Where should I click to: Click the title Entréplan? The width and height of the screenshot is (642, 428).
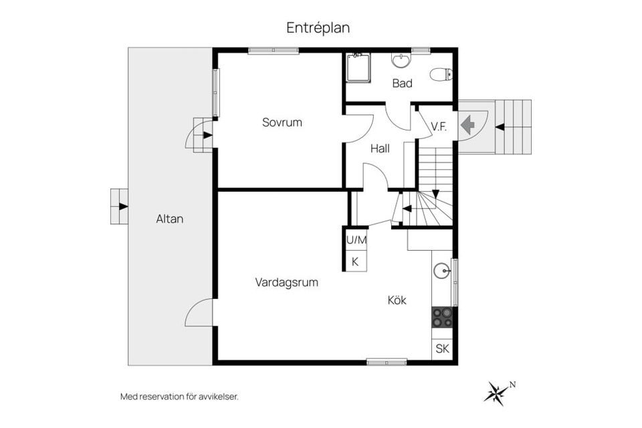[x=318, y=28]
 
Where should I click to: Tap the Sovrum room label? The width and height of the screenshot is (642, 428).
[x=282, y=122]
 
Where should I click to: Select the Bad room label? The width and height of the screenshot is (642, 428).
[x=402, y=84]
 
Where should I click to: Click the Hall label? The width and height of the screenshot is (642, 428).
[x=380, y=148]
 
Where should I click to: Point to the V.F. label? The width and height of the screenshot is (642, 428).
[x=439, y=126]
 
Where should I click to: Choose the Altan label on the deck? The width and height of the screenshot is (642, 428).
[x=170, y=219]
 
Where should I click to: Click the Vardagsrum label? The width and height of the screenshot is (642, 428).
[x=286, y=282]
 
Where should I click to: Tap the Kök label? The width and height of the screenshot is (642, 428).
[x=397, y=300]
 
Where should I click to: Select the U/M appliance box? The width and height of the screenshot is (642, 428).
[x=356, y=239]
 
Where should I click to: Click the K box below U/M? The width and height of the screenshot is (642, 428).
[x=355, y=261]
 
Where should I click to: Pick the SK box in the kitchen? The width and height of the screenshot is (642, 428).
[x=442, y=348]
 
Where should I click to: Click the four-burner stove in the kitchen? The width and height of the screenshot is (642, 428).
[x=442, y=317]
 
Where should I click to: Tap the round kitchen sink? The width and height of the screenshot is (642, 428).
[x=441, y=271]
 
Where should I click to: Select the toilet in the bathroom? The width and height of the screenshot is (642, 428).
[x=441, y=74]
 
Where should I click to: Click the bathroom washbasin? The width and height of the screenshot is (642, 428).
[x=401, y=62]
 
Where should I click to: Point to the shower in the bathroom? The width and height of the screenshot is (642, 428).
[x=358, y=68]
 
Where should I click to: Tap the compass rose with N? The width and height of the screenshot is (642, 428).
[x=497, y=393]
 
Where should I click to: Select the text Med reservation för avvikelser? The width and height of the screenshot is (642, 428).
[x=179, y=397]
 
